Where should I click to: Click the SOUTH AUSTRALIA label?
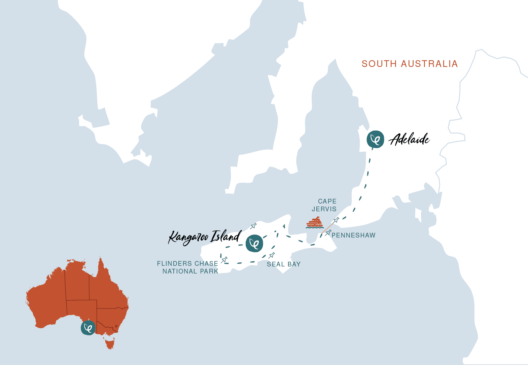[x=410, y=64]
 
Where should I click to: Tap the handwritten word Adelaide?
[x=410, y=139]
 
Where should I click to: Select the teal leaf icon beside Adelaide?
[x=375, y=139]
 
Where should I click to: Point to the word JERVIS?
[x=324, y=209]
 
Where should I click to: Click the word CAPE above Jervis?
[x=327, y=201]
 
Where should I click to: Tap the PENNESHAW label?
[x=353, y=235]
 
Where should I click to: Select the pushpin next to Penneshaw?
[x=328, y=232]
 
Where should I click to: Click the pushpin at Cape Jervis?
[x=336, y=220]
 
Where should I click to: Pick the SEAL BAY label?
[x=284, y=264]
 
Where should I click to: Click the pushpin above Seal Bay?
[x=272, y=255]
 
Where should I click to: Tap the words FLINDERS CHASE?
[x=187, y=264]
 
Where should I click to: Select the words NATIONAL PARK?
[x=190, y=271]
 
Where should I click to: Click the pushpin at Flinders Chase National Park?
[x=224, y=259]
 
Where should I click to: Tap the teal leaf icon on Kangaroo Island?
[x=254, y=243]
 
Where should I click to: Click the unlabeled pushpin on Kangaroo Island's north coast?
[x=254, y=226]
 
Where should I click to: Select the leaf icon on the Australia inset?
[x=88, y=328]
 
